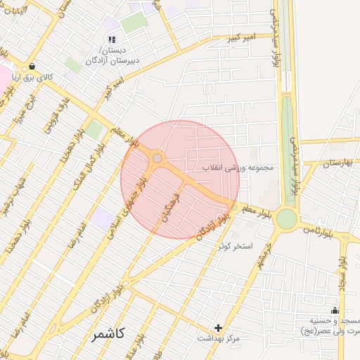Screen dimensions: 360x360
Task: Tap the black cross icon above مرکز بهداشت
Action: [219, 328]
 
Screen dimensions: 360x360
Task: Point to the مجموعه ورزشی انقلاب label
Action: [241, 168]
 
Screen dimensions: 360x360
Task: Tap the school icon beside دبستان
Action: [112, 39]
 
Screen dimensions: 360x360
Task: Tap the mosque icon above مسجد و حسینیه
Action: [335, 311]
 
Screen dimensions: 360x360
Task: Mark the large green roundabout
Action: [286, 219]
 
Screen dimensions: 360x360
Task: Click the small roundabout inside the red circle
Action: [157, 159]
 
